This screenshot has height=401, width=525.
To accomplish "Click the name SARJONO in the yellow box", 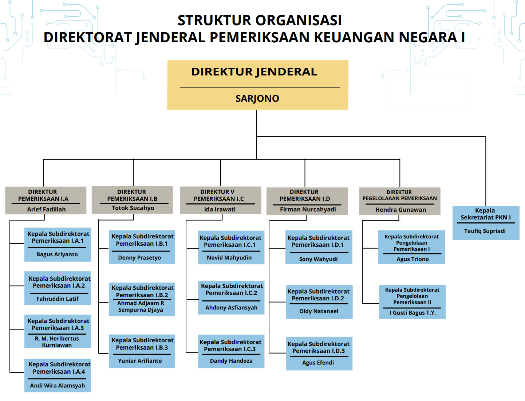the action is (257, 98).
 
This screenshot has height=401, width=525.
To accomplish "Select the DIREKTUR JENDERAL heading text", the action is (254, 72).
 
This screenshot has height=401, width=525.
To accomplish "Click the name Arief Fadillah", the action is (46, 209).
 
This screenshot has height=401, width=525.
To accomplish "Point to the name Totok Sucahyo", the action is (133, 208).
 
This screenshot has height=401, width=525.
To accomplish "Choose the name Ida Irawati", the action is (220, 209).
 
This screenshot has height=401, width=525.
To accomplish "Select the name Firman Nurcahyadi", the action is (308, 210).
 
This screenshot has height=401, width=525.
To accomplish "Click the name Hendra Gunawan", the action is (400, 210).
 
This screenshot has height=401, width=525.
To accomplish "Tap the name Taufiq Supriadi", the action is (485, 231).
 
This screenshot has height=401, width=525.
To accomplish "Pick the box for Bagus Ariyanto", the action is (58, 245).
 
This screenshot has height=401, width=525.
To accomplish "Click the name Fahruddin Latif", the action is (58, 299).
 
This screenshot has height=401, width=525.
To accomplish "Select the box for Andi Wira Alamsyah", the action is (58, 375).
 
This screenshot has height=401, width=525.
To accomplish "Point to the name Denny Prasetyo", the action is (139, 258).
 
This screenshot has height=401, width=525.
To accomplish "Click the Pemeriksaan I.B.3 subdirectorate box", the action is (142, 351).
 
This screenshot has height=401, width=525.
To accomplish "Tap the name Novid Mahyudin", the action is (229, 258).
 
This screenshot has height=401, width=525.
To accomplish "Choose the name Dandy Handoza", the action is (231, 361).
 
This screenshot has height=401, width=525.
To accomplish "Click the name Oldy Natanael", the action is (319, 311).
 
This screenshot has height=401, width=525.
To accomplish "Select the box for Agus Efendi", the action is (319, 353).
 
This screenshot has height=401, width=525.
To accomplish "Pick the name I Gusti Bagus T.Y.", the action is (412, 313).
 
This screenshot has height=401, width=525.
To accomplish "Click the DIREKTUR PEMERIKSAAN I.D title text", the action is (304, 195).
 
